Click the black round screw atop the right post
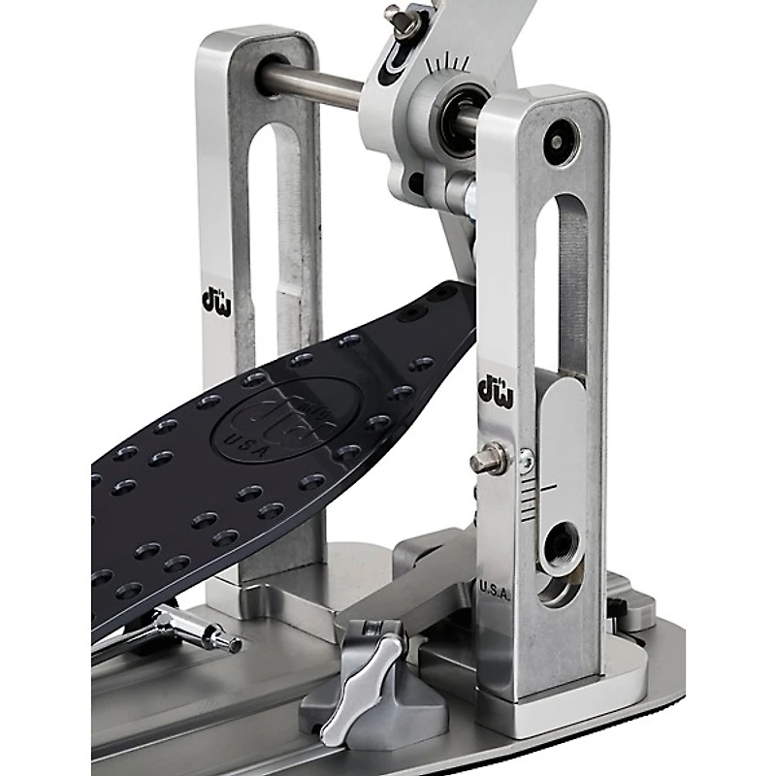(x=560, y=144)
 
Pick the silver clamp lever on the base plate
(x=361, y=688)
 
